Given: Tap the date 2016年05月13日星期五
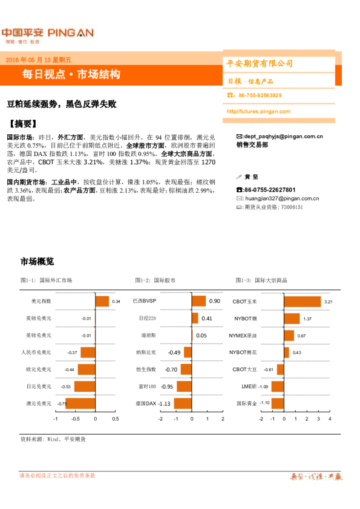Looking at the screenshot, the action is click(38, 60).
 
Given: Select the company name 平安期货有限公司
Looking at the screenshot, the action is click(259, 63).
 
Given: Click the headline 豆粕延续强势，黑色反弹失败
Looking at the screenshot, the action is click(67, 103).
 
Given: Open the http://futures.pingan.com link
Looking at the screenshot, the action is click(260, 112).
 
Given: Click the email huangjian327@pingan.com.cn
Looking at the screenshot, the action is click(281, 198).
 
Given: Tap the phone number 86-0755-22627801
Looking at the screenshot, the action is click(269, 190).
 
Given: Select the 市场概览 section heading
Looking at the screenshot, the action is click(38, 262).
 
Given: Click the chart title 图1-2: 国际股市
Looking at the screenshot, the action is click(157, 280).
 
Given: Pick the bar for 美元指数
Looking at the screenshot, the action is click(102, 301).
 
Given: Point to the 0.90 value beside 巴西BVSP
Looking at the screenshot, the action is click(214, 301).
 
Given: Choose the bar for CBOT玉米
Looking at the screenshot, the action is click(301, 301).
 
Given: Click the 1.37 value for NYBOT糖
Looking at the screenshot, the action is click(307, 319).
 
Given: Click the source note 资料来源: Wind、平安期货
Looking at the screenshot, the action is click(53, 439).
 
